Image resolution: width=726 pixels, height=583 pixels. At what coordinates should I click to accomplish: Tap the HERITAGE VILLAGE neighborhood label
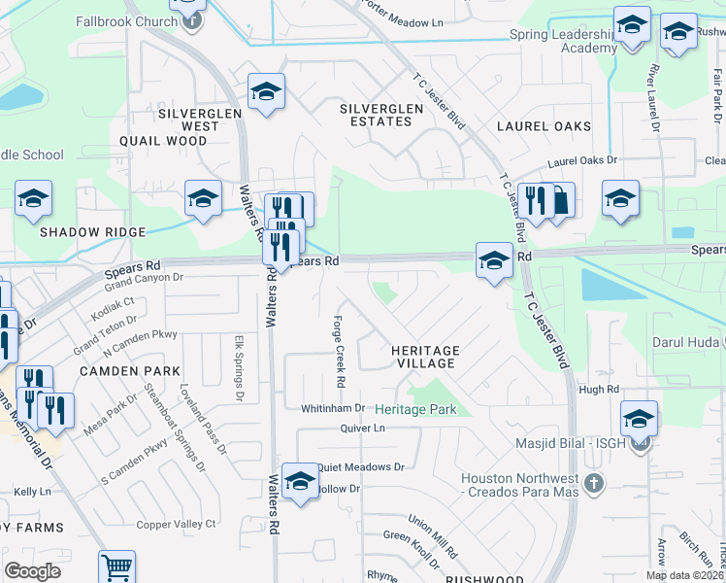[423, 357]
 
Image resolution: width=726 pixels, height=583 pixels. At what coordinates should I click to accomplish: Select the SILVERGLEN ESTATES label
[381, 115]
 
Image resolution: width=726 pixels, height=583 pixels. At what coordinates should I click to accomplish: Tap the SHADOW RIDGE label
[92, 232]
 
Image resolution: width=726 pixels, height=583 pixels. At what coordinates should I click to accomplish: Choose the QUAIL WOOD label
[163, 141]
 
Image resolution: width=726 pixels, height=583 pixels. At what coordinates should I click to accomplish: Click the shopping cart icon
[116, 566]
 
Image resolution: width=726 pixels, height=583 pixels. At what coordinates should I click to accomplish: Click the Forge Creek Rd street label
[341, 355]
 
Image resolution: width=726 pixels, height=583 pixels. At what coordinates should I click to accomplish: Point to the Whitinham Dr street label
[332, 408]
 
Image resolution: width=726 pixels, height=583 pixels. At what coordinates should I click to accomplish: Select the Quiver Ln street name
[363, 428]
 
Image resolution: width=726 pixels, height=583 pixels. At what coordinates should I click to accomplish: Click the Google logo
[33, 571]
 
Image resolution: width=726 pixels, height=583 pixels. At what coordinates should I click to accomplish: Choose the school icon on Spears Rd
[494, 260]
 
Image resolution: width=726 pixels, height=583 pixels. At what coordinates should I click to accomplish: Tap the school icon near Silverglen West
[265, 92]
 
